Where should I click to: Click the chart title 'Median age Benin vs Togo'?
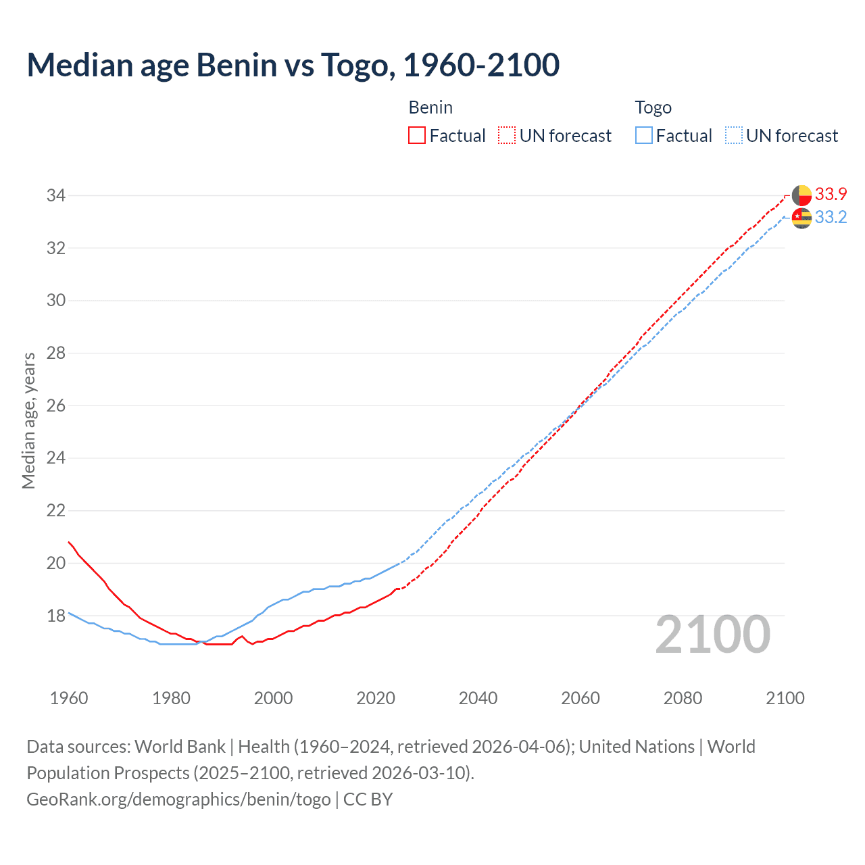click(x=293, y=66)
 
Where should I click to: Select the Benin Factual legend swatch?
click(x=417, y=136)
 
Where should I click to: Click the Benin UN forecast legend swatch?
click(x=507, y=136)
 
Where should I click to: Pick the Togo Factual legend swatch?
click(x=644, y=136)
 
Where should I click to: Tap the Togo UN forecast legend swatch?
click(x=733, y=136)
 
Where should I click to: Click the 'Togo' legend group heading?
click(x=653, y=107)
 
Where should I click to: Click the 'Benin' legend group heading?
click(x=430, y=107)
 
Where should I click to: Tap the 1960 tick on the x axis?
click(x=69, y=698)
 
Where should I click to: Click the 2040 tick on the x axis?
click(x=478, y=698)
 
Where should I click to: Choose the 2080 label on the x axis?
click(x=683, y=698)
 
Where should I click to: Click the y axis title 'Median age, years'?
click(x=28, y=420)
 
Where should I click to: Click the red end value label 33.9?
click(x=831, y=195)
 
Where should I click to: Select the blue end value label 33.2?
click(x=831, y=218)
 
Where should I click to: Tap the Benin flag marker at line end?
click(x=801, y=195)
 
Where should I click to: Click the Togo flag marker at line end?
click(x=801, y=218)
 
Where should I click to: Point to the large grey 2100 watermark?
click(x=712, y=635)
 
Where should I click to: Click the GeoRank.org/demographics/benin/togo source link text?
click(x=178, y=799)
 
